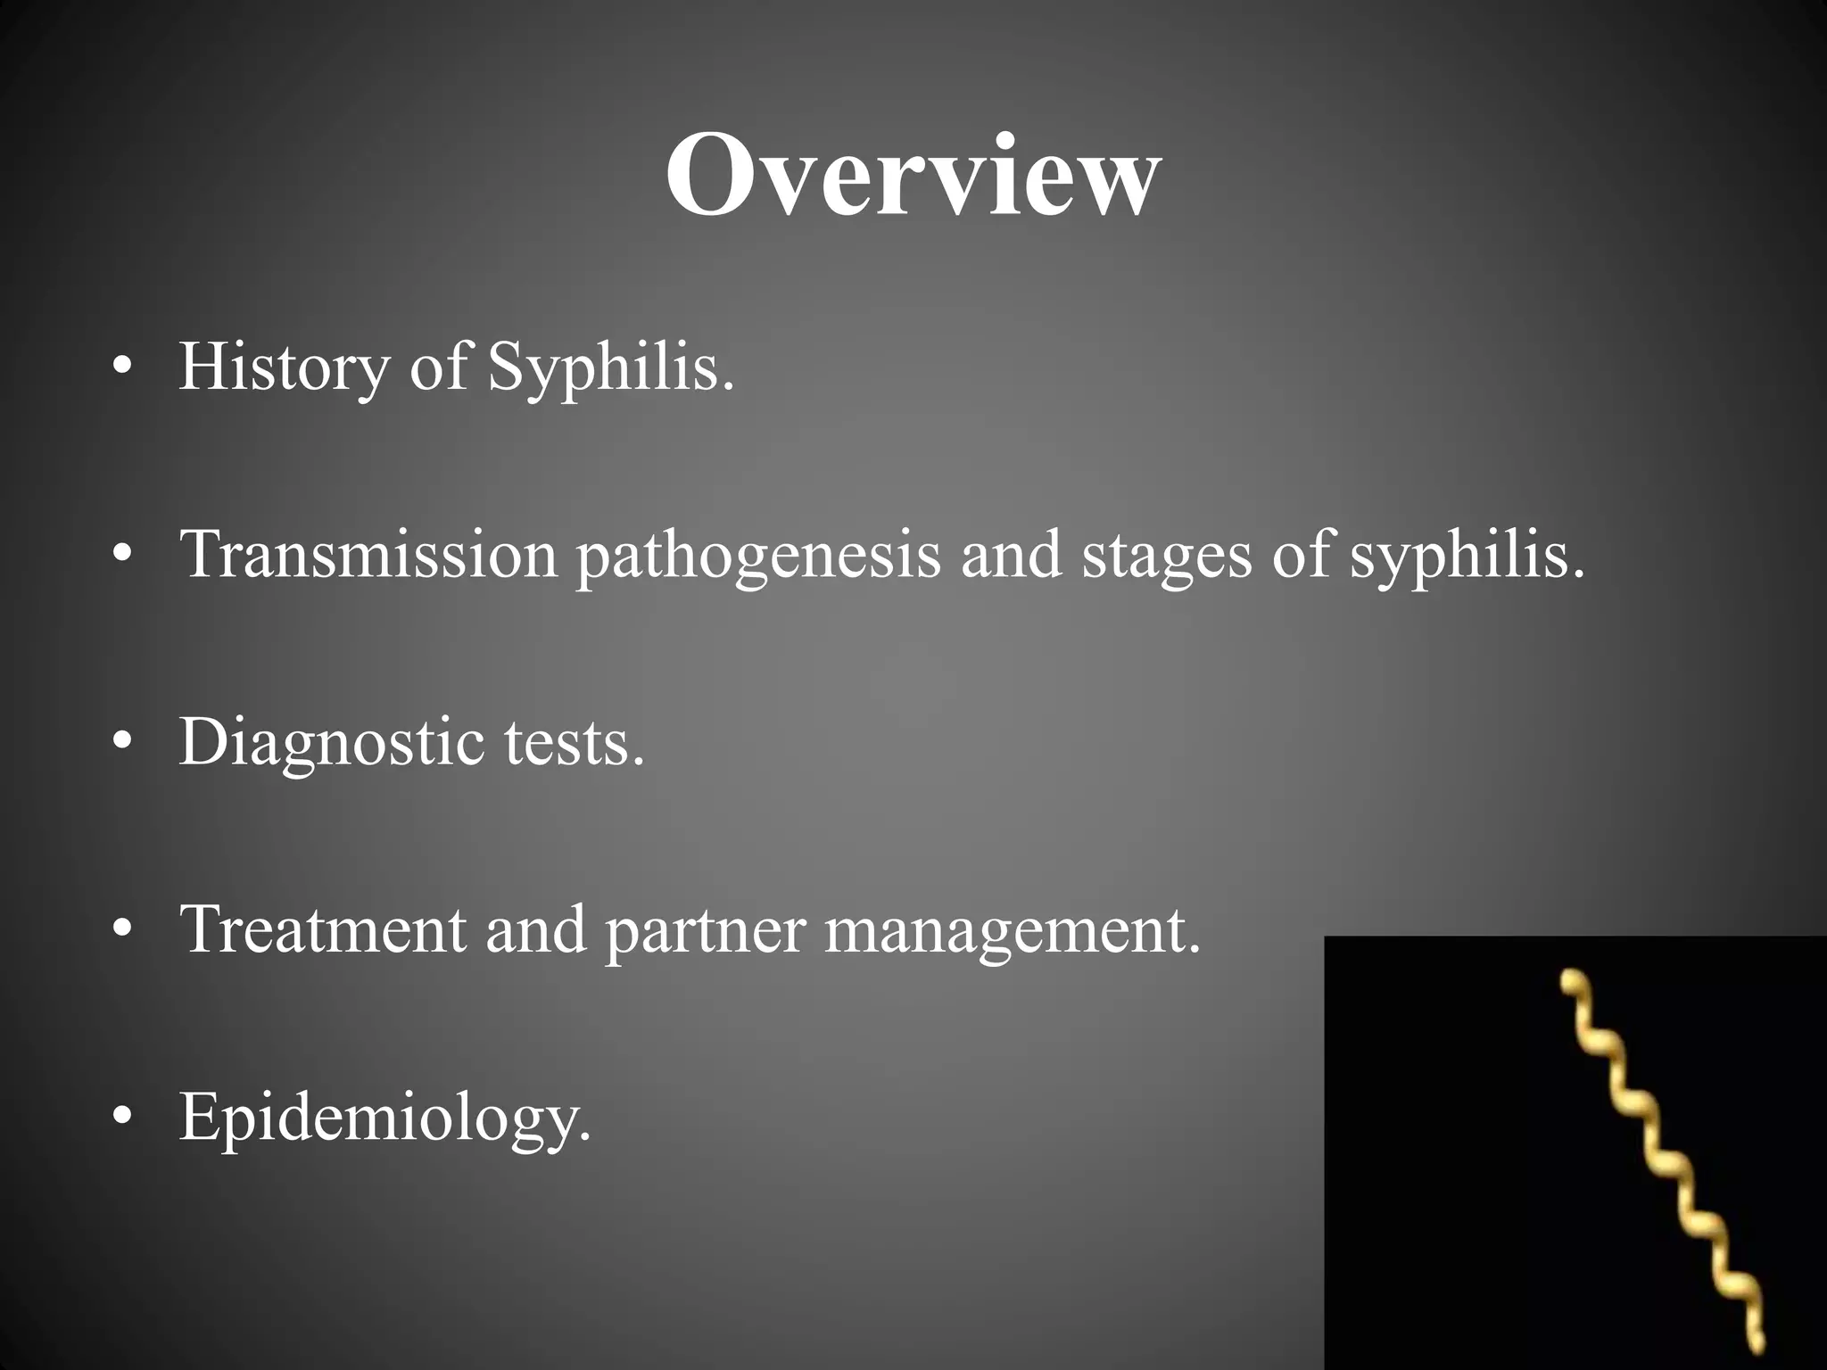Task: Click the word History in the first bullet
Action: tap(284, 367)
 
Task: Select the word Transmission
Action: tap(368, 555)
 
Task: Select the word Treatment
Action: tap(322, 929)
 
